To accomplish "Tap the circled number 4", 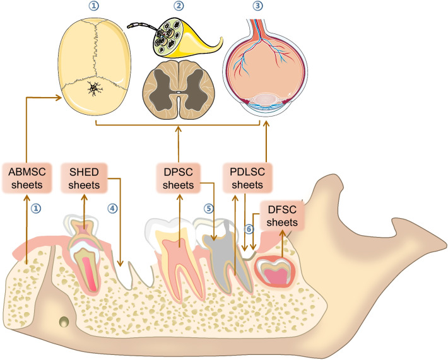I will [111, 207].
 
